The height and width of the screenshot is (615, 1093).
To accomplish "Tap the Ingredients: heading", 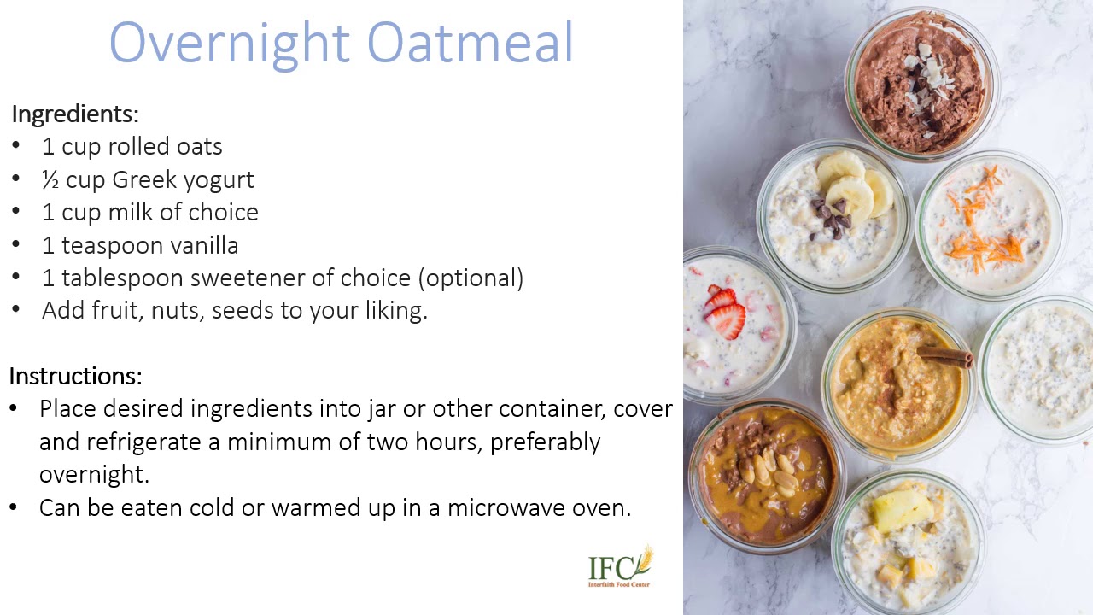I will click(x=75, y=114).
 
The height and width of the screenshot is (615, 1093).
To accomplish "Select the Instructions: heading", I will click(x=75, y=376).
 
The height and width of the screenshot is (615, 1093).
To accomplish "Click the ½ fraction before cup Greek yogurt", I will click(x=50, y=180).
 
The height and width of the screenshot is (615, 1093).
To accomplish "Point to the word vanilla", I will click(x=204, y=246).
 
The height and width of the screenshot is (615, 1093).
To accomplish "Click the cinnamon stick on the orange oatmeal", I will click(x=945, y=355).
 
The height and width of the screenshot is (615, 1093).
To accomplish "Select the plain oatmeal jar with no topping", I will click(x=1041, y=367).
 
